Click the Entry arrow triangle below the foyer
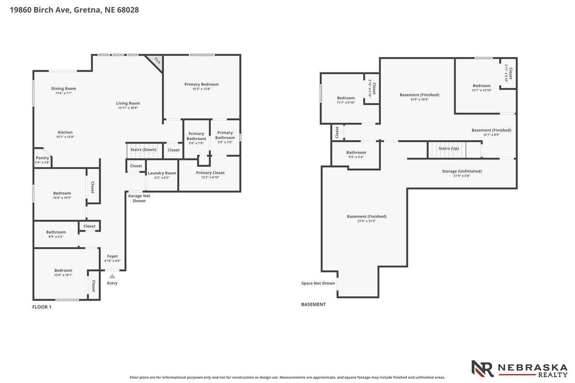tap(112, 276)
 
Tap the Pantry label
tap(42, 158)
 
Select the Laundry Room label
tap(162, 173)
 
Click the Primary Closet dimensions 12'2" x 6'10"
tap(210, 177)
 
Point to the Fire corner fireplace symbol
tap(156, 62)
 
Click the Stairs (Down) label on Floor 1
tap(143, 149)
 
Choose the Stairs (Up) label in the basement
tap(448, 148)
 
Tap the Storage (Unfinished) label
tap(462, 171)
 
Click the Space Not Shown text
tap(318, 283)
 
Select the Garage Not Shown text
tap(139, 198)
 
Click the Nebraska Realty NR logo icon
tap(483, 369)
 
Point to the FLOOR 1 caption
tap(42, 307)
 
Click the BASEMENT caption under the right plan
tap(313, 304)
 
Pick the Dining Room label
tap(64, 89)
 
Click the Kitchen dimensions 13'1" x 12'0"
tap(65, 137)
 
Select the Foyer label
tap(113, 256)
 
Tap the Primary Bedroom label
tap(202, 84)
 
